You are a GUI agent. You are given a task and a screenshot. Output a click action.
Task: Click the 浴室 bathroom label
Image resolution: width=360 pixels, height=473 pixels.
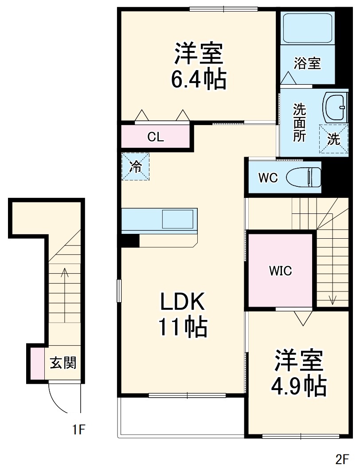307,63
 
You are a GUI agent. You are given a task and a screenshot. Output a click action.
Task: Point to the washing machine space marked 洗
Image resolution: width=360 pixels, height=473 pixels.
334,139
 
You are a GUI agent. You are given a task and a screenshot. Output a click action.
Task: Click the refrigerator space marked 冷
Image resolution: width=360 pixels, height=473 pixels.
136,166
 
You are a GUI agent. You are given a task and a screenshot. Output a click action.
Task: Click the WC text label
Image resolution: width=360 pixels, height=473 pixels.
268,178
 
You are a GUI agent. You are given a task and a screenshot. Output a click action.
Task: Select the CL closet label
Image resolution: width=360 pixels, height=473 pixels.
156,137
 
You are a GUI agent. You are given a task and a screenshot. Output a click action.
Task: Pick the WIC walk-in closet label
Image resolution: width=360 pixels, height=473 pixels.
281,270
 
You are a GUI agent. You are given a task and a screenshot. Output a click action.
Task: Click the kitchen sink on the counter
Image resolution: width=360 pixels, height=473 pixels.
177,219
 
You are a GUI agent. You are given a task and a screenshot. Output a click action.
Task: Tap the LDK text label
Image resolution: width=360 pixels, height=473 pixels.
182,303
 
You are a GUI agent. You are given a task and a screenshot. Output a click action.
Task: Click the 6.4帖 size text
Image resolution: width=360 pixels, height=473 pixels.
199,80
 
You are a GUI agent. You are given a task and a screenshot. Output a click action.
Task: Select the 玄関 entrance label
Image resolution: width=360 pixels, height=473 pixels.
63,363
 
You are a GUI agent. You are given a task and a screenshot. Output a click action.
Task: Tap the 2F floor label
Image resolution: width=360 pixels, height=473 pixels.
342,459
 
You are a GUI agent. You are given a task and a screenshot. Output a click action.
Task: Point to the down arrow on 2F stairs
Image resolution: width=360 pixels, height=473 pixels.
333,284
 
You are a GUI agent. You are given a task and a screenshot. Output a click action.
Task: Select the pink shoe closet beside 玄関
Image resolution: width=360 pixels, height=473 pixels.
37,363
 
